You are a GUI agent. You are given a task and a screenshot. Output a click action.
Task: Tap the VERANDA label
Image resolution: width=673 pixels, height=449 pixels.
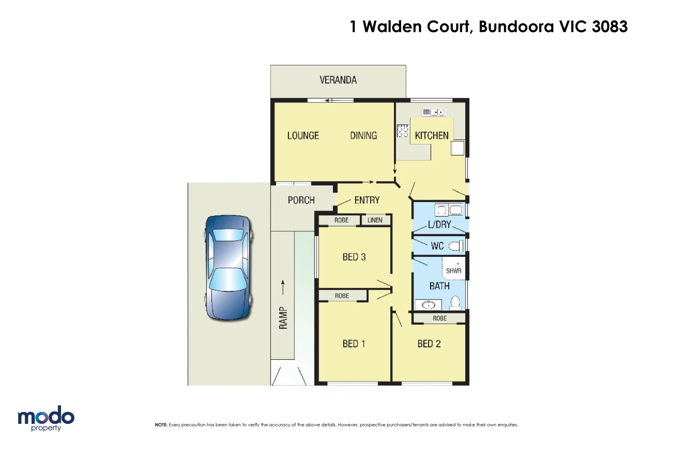(x=338, y=80)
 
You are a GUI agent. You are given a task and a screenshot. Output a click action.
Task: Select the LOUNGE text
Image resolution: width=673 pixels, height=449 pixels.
(x=303, y=136)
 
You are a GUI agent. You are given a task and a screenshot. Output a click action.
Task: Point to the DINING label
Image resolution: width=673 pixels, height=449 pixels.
(x=363, y=136)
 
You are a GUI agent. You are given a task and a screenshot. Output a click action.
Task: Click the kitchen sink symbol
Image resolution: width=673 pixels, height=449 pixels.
(x=433, y=112)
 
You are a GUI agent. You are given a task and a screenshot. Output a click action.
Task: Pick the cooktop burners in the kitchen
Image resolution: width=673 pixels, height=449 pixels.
(x=402, y=131)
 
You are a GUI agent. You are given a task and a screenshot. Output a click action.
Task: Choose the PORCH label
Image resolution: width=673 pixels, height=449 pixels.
(x=301, y=200)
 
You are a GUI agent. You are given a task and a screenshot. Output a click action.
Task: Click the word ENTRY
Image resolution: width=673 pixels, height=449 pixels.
(x=367, y=200)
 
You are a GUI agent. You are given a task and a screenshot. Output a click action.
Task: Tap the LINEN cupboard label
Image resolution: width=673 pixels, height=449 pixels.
(x=375, y=220)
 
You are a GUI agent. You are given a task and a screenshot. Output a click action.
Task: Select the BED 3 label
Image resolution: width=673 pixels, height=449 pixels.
(x=354, y=257)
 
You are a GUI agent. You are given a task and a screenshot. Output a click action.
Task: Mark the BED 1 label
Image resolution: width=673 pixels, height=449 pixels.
(x=354, y=344)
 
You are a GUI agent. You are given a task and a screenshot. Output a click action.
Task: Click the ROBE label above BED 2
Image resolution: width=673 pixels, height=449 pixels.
(x=440, y=318)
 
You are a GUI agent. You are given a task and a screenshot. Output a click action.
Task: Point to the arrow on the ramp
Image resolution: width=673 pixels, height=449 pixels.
(x=283, y=287)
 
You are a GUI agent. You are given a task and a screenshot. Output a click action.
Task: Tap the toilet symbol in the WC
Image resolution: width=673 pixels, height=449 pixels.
(x=456, y=246)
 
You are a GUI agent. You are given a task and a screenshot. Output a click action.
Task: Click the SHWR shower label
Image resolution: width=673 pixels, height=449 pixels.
(x=454, y=271)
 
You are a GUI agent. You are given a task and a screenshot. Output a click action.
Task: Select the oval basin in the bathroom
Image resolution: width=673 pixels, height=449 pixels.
(x=428, y=305)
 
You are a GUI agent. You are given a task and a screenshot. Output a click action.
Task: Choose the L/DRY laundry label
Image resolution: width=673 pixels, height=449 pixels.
(x=439, y=224)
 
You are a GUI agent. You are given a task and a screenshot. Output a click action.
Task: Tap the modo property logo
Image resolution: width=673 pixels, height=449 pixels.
(x=46, y=418)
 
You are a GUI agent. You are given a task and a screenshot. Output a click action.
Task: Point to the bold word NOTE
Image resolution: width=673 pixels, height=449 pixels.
(x=161, y=425)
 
